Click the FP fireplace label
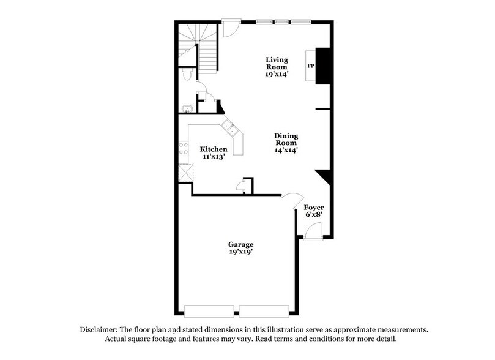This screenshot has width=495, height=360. [x=311, y=66]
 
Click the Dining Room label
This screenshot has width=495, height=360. [x=286, y=140]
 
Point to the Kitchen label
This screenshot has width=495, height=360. [x=214, y=149]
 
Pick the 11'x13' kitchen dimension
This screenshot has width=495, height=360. [x=214, y=157]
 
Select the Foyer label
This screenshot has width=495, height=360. [x=314, y=208]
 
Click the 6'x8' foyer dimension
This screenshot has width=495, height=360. [x=314, y=215]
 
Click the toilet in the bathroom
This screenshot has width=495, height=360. [x=187, y=74]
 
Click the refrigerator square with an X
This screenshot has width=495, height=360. [x=184, y=173]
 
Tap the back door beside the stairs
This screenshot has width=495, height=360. [x=230, y=28]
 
